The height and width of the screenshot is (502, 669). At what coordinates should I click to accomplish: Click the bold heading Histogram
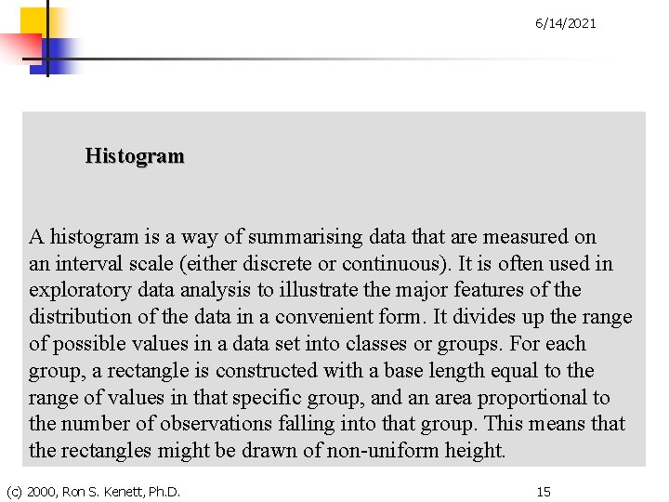click(135, 156)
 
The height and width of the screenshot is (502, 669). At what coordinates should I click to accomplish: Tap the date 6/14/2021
click(566, 23)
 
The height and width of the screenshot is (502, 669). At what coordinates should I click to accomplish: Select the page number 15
click(544, 491)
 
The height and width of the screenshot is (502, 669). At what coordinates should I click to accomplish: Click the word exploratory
click(80, 291)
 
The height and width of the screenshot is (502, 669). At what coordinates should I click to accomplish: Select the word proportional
click(534, 398)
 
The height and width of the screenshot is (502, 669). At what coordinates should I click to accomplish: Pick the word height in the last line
click(478, 452)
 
